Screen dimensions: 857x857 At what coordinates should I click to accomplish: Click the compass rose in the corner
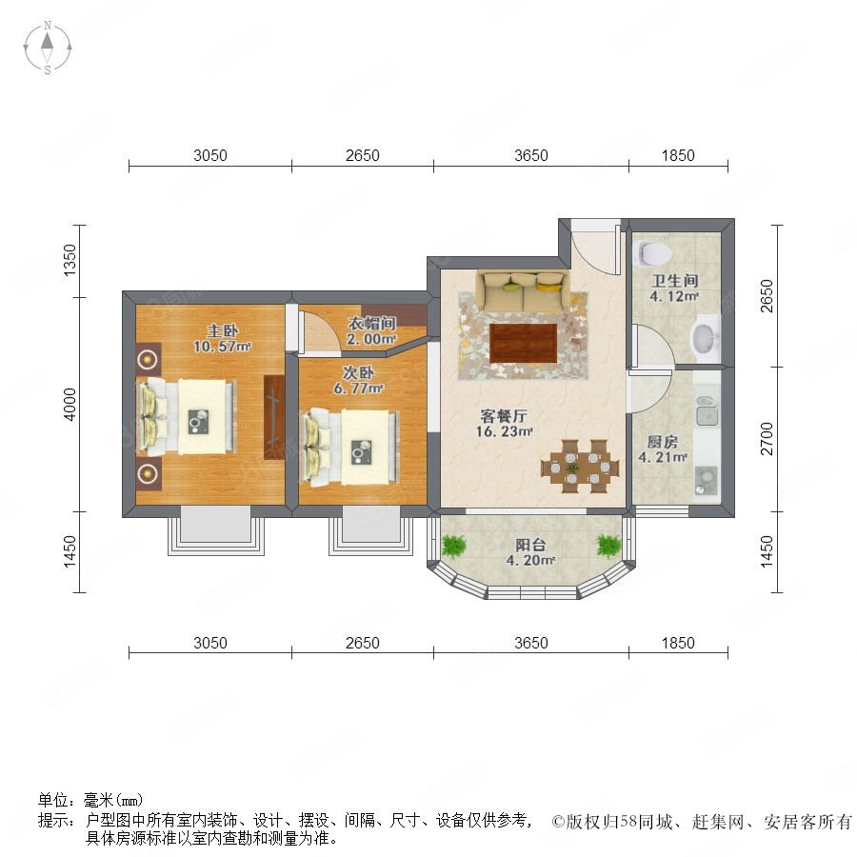coord(48,48)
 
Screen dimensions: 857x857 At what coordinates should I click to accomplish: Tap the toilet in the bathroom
coord(653,253)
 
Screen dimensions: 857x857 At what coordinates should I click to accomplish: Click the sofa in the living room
coord(524,289)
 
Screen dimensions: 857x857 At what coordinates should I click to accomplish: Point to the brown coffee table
coord(524,343)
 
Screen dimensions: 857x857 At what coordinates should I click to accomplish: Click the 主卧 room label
coord(223,330)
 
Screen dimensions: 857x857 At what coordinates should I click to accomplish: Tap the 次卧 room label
coord(358,372)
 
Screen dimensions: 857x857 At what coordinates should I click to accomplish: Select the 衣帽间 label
coord(372,324)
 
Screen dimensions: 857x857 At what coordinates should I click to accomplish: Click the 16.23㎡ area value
coord(504,431)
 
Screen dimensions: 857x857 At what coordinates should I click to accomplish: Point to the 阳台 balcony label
coord(530,545)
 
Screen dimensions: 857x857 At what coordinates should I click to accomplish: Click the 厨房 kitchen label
coord(663,442)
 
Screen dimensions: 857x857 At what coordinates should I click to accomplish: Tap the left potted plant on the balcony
coord(453,546)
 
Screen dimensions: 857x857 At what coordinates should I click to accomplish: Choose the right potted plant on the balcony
coord(608,546)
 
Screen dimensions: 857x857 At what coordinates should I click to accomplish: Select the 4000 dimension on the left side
coord(70,405)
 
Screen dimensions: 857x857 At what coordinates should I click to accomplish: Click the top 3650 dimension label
coord(530,156)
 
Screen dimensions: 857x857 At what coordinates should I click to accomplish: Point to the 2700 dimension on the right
coord(767,439)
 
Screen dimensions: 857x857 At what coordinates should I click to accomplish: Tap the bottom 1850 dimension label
coord(678,643)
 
